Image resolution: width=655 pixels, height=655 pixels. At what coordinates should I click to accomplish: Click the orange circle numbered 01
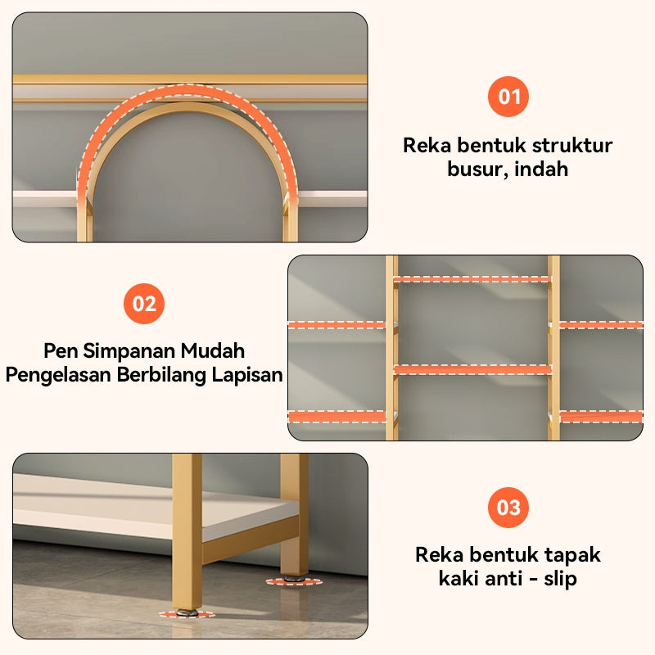[x=508, y=97]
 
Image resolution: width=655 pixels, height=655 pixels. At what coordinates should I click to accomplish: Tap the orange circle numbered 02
[x=144, y=304]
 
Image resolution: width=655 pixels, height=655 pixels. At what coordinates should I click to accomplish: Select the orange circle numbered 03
[x=508, y=508]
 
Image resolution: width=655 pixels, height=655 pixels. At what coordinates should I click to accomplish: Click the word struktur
[x=571, y=146]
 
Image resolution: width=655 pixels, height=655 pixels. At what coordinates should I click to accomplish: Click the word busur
[x=476, y=169]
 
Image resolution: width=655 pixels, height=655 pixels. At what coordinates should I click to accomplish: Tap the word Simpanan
[x=129, y=351]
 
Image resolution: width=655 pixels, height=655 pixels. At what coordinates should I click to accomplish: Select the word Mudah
[x=213, y=351]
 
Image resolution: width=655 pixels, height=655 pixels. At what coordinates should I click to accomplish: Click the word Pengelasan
[x=58, y=375]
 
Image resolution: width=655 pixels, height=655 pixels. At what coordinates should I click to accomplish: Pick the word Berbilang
[x=161, y=375]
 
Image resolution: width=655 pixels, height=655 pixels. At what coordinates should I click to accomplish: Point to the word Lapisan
[x=247, y=375]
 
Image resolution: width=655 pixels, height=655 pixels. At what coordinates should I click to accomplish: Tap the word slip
[x=560, y=579]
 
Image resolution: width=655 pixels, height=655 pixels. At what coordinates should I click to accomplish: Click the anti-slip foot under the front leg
[x=187, y=613]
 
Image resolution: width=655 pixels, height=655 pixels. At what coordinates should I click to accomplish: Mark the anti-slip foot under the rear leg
[x=294, y=580]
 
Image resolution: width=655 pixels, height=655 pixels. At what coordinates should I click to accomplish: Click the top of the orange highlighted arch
[x=188, y=93]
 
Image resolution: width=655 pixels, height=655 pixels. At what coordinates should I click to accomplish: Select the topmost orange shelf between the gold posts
[x=472, y=279]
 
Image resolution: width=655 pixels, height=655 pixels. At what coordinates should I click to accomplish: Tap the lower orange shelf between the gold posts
[x=472, y=369]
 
